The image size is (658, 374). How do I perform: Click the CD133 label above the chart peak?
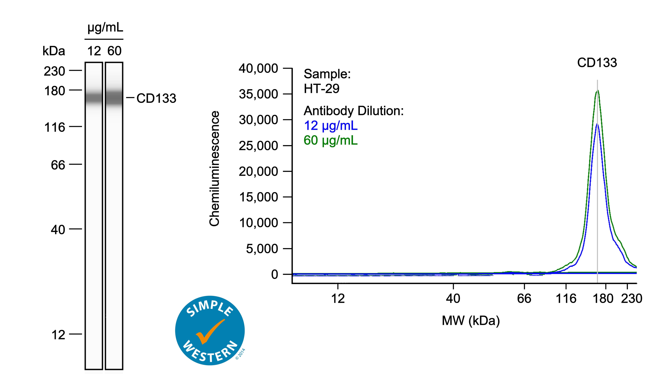[597, 63]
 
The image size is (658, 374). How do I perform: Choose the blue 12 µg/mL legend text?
[331, 126]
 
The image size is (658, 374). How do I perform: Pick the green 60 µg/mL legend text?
[331, 141]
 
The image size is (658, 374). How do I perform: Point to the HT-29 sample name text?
[321, 89]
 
